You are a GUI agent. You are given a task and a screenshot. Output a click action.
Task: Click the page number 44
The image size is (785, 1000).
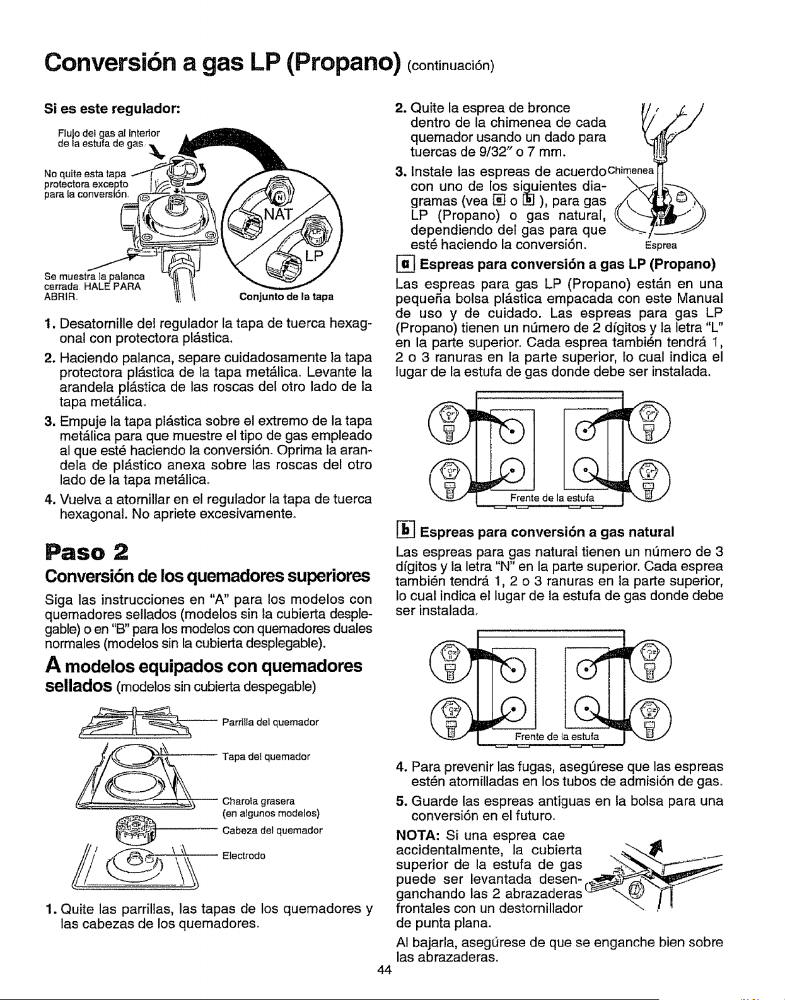pos(384,970)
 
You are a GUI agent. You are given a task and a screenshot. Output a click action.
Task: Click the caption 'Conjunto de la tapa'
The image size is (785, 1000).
pos(286,297)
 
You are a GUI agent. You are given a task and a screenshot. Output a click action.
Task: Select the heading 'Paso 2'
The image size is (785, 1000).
pos(87,552)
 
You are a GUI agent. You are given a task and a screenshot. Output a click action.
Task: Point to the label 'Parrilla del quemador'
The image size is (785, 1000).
pos(270,722)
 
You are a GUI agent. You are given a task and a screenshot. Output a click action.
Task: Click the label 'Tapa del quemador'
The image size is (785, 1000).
pos(266,756)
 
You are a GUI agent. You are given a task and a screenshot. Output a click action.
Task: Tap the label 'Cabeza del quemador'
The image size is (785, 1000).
pos(272,830)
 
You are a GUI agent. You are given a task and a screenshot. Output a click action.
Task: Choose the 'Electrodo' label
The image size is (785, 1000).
pos(244,856)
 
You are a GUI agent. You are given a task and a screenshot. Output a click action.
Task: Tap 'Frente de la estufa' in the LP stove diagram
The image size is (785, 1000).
pos(552,498)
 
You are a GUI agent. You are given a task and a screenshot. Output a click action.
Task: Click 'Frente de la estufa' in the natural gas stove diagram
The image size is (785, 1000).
pos(557,737)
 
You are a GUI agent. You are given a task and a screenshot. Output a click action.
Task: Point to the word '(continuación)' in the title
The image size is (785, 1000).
pos(451,66)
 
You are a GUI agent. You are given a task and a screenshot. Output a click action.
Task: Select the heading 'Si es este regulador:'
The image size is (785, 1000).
pos(112,109)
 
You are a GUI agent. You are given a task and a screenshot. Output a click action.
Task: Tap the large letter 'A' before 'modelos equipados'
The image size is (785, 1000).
pos(53,666)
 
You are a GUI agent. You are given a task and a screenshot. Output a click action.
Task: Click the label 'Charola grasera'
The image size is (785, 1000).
pos(259,801)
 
